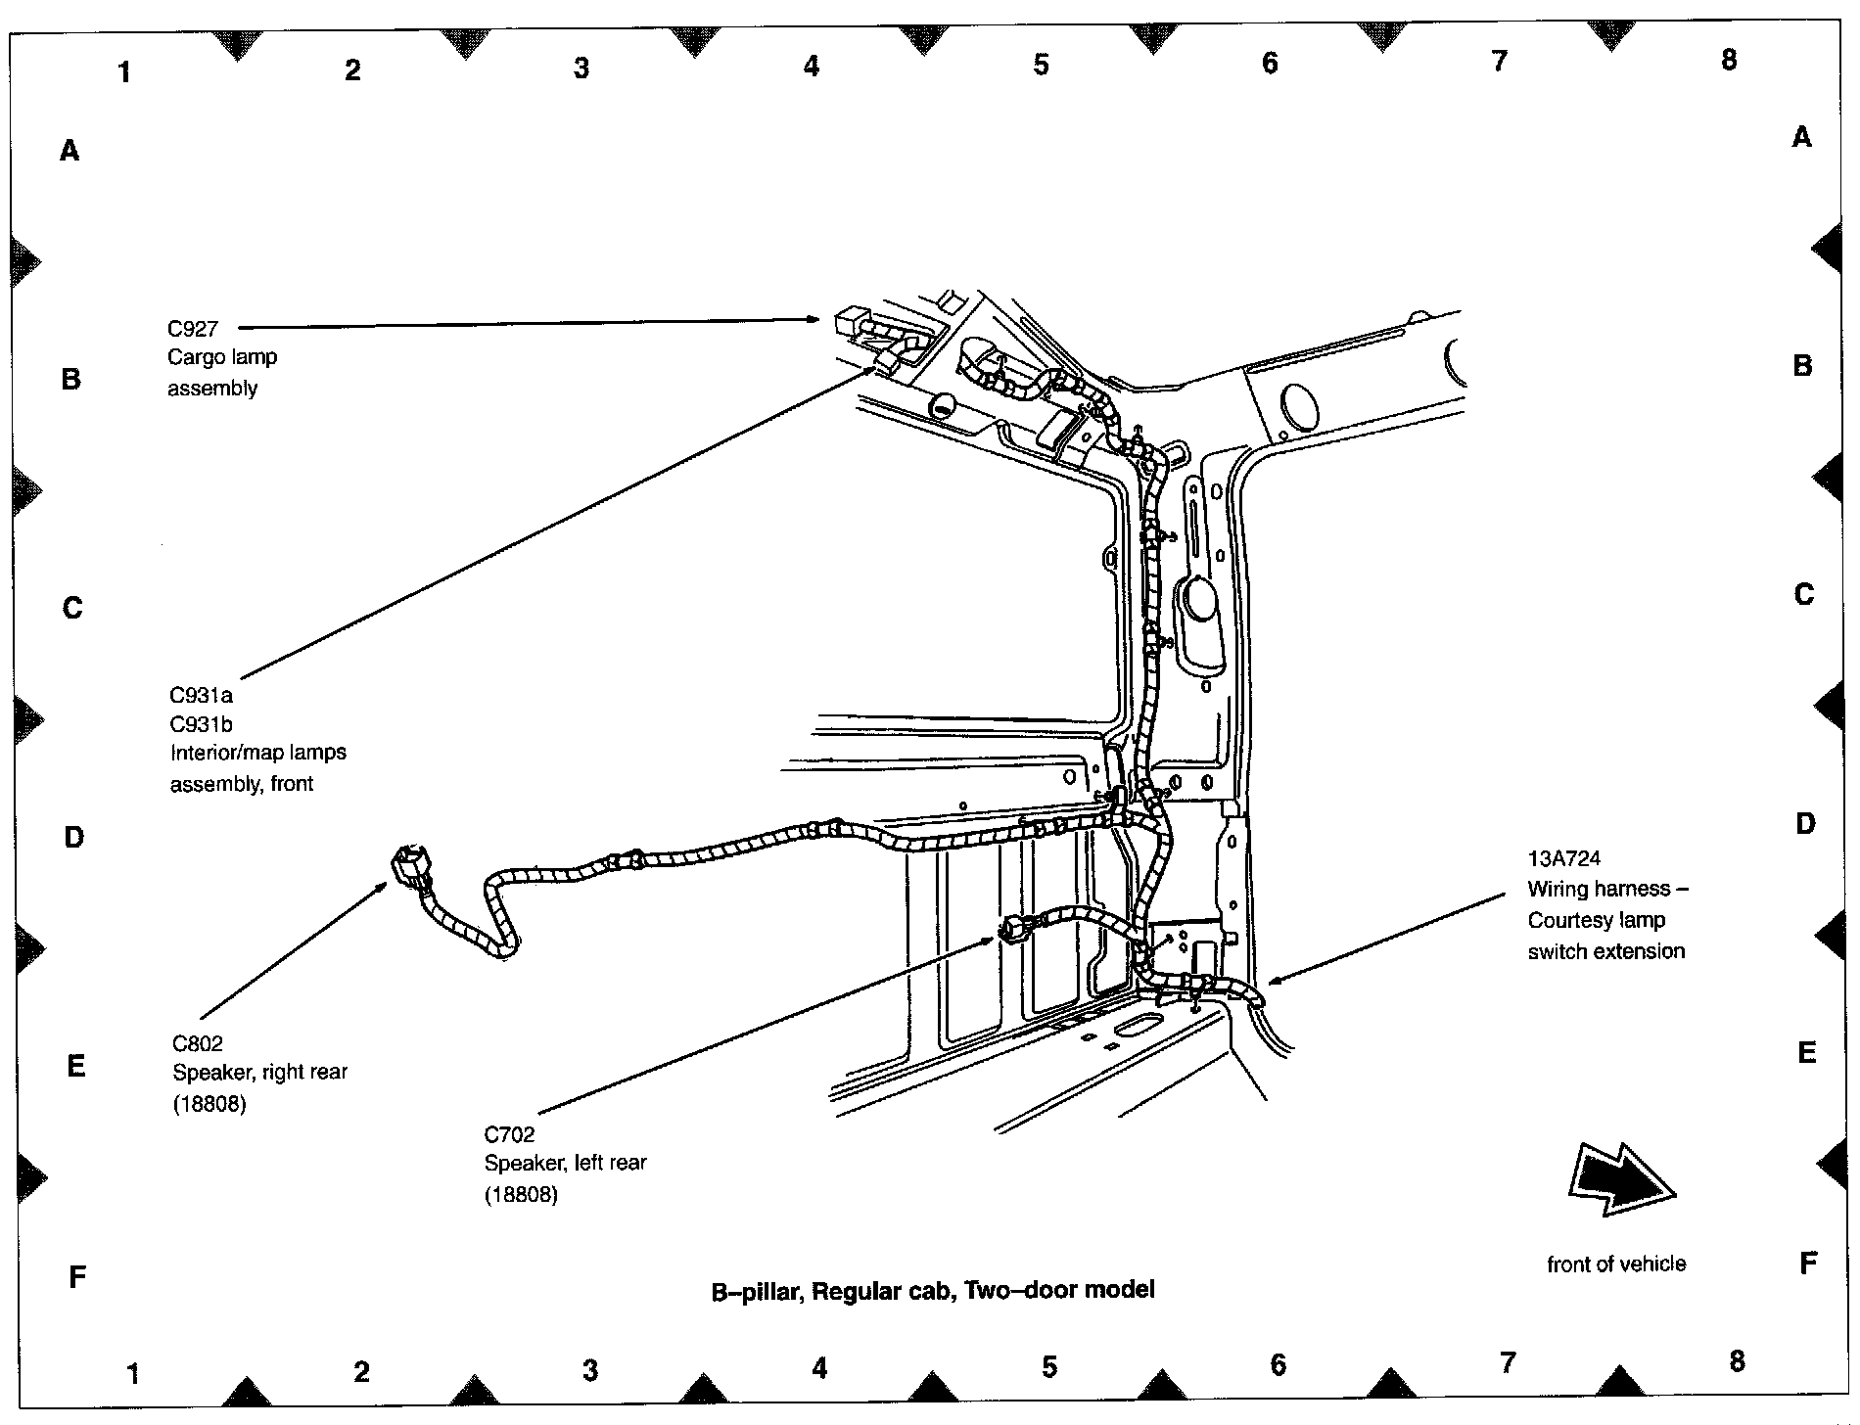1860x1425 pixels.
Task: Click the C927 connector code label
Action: point(193,329)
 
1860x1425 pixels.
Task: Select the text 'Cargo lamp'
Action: point(222,357)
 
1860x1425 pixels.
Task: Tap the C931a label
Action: point(202,696)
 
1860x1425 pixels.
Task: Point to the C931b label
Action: point(202,724)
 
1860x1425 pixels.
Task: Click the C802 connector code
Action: point(198,1043)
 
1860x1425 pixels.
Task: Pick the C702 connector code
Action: point(509,1134)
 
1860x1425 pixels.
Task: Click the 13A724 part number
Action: point(1564,858)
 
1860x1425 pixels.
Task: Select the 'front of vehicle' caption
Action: point(1616,1264)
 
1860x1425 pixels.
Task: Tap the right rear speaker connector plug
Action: point(411,866)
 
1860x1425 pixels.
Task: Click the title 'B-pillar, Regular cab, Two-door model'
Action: point(933,1290)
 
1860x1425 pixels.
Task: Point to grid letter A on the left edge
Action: point(70,151)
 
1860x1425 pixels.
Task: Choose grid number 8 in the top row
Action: point(1729,60)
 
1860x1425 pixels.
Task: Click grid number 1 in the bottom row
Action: point(133,1374)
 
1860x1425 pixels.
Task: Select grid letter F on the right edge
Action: point(1808,1264)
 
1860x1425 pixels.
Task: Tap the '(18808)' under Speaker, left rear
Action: point(521,1194)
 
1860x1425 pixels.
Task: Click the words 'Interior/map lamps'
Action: point(258,753)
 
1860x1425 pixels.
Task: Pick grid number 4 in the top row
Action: point(811,67)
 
